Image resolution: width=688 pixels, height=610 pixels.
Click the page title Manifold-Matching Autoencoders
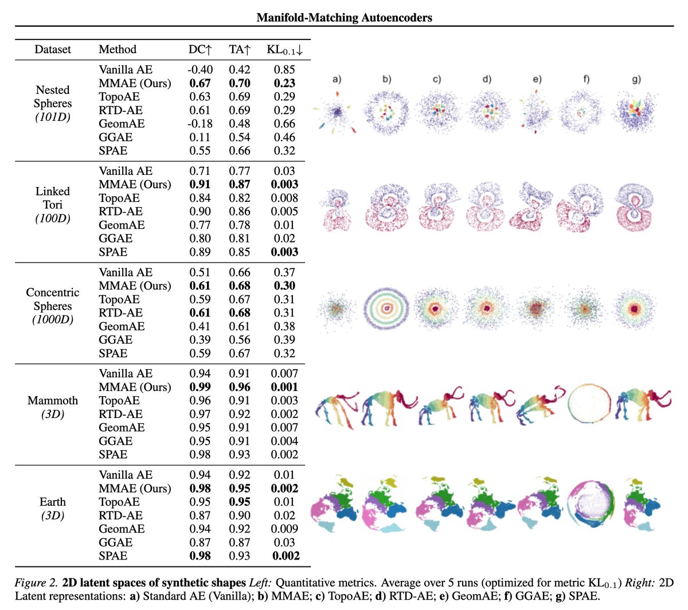click(344, 17)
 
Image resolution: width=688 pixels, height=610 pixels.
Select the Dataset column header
click(53, 50)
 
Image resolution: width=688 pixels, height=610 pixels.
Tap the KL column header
click(285, 50)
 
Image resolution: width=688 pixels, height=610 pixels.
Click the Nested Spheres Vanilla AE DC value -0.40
click(200, 70)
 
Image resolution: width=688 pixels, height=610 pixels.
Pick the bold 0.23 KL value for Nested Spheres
click(284, 83)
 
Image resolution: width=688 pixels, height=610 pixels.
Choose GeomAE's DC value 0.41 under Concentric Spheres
click(200, 326)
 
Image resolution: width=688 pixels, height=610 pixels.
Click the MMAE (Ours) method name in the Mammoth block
click(135, 387)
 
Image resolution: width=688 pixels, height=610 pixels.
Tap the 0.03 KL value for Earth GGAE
click(284, 542)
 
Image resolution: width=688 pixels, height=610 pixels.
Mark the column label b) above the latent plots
click(387, 79)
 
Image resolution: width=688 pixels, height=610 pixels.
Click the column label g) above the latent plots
click(636, 79)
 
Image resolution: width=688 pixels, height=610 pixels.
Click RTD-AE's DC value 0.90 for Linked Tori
click(200, 212)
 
